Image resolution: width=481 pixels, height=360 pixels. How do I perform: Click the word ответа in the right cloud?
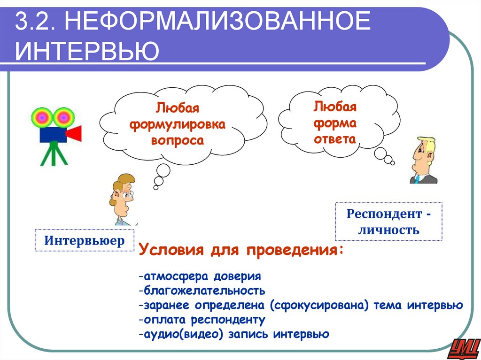pos(335,139)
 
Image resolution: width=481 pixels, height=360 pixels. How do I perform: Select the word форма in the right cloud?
pos(335,123)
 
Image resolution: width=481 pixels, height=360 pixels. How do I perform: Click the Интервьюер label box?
pos(85,241)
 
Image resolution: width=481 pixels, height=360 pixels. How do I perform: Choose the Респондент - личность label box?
pos(388,222)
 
